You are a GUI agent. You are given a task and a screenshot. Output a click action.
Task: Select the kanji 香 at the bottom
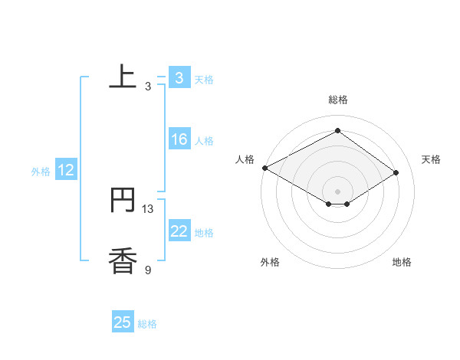click(x=123, y=261)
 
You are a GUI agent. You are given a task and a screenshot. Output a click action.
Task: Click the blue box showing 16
click(x=179, y=139)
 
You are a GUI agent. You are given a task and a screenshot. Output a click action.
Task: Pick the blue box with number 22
click(x=179, y=232)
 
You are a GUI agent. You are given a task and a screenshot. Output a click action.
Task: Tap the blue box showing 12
click(x=66, y=171)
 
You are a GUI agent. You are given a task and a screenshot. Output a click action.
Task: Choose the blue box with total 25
click(x=123, y=322)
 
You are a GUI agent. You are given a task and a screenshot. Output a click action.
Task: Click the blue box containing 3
click(x=179, y=77)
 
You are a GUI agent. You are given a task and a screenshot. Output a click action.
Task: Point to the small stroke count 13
click(x=148, y=208)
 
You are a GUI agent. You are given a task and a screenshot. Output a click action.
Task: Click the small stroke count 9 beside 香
click(x=148, y=270)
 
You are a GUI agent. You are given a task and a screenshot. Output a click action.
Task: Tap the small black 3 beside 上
click(x=148, y=87)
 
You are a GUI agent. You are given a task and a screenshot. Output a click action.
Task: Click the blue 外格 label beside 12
click(x=41, y=172)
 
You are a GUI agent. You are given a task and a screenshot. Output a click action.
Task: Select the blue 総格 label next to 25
click(x=147, y=324)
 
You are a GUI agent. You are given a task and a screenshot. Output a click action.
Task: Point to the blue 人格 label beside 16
click(x=204, y=141)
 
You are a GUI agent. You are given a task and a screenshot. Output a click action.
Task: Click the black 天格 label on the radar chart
click(x=431, y=159)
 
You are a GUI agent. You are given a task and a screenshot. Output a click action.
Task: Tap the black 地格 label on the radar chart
click(x=402, y=262)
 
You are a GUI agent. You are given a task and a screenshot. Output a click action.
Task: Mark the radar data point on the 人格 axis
click(x=264, y=167)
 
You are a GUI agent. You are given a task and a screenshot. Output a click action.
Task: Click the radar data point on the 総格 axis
click(x=337, y=130)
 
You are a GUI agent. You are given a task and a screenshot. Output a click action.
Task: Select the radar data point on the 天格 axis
click(x=396, y=172)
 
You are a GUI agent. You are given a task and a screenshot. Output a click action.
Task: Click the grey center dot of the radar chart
click(x=337, y=191)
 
